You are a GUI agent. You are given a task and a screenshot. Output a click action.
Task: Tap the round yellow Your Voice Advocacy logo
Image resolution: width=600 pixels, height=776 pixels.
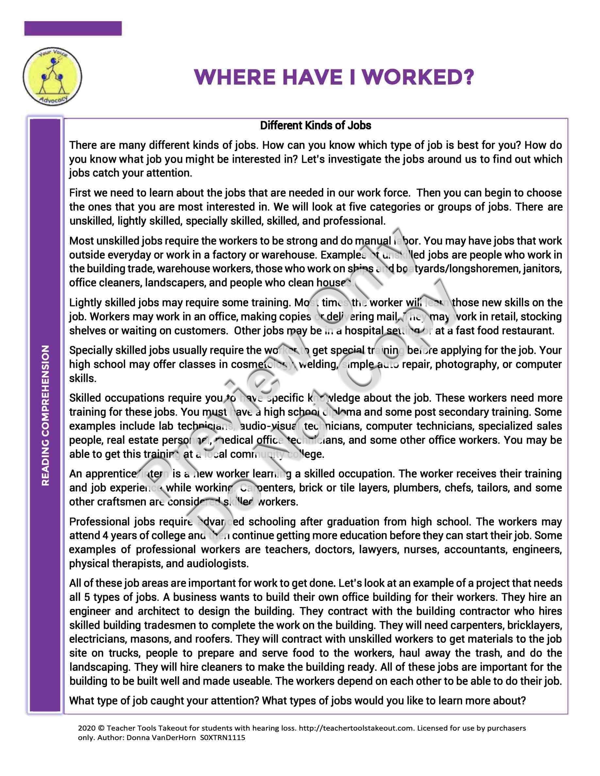50,77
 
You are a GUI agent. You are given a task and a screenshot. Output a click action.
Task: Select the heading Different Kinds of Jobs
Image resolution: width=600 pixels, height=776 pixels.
315,125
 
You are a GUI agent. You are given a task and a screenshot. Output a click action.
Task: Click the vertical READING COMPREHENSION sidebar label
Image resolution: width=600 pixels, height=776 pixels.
45,415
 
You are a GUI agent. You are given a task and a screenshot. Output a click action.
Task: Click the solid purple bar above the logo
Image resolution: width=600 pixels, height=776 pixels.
73,28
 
